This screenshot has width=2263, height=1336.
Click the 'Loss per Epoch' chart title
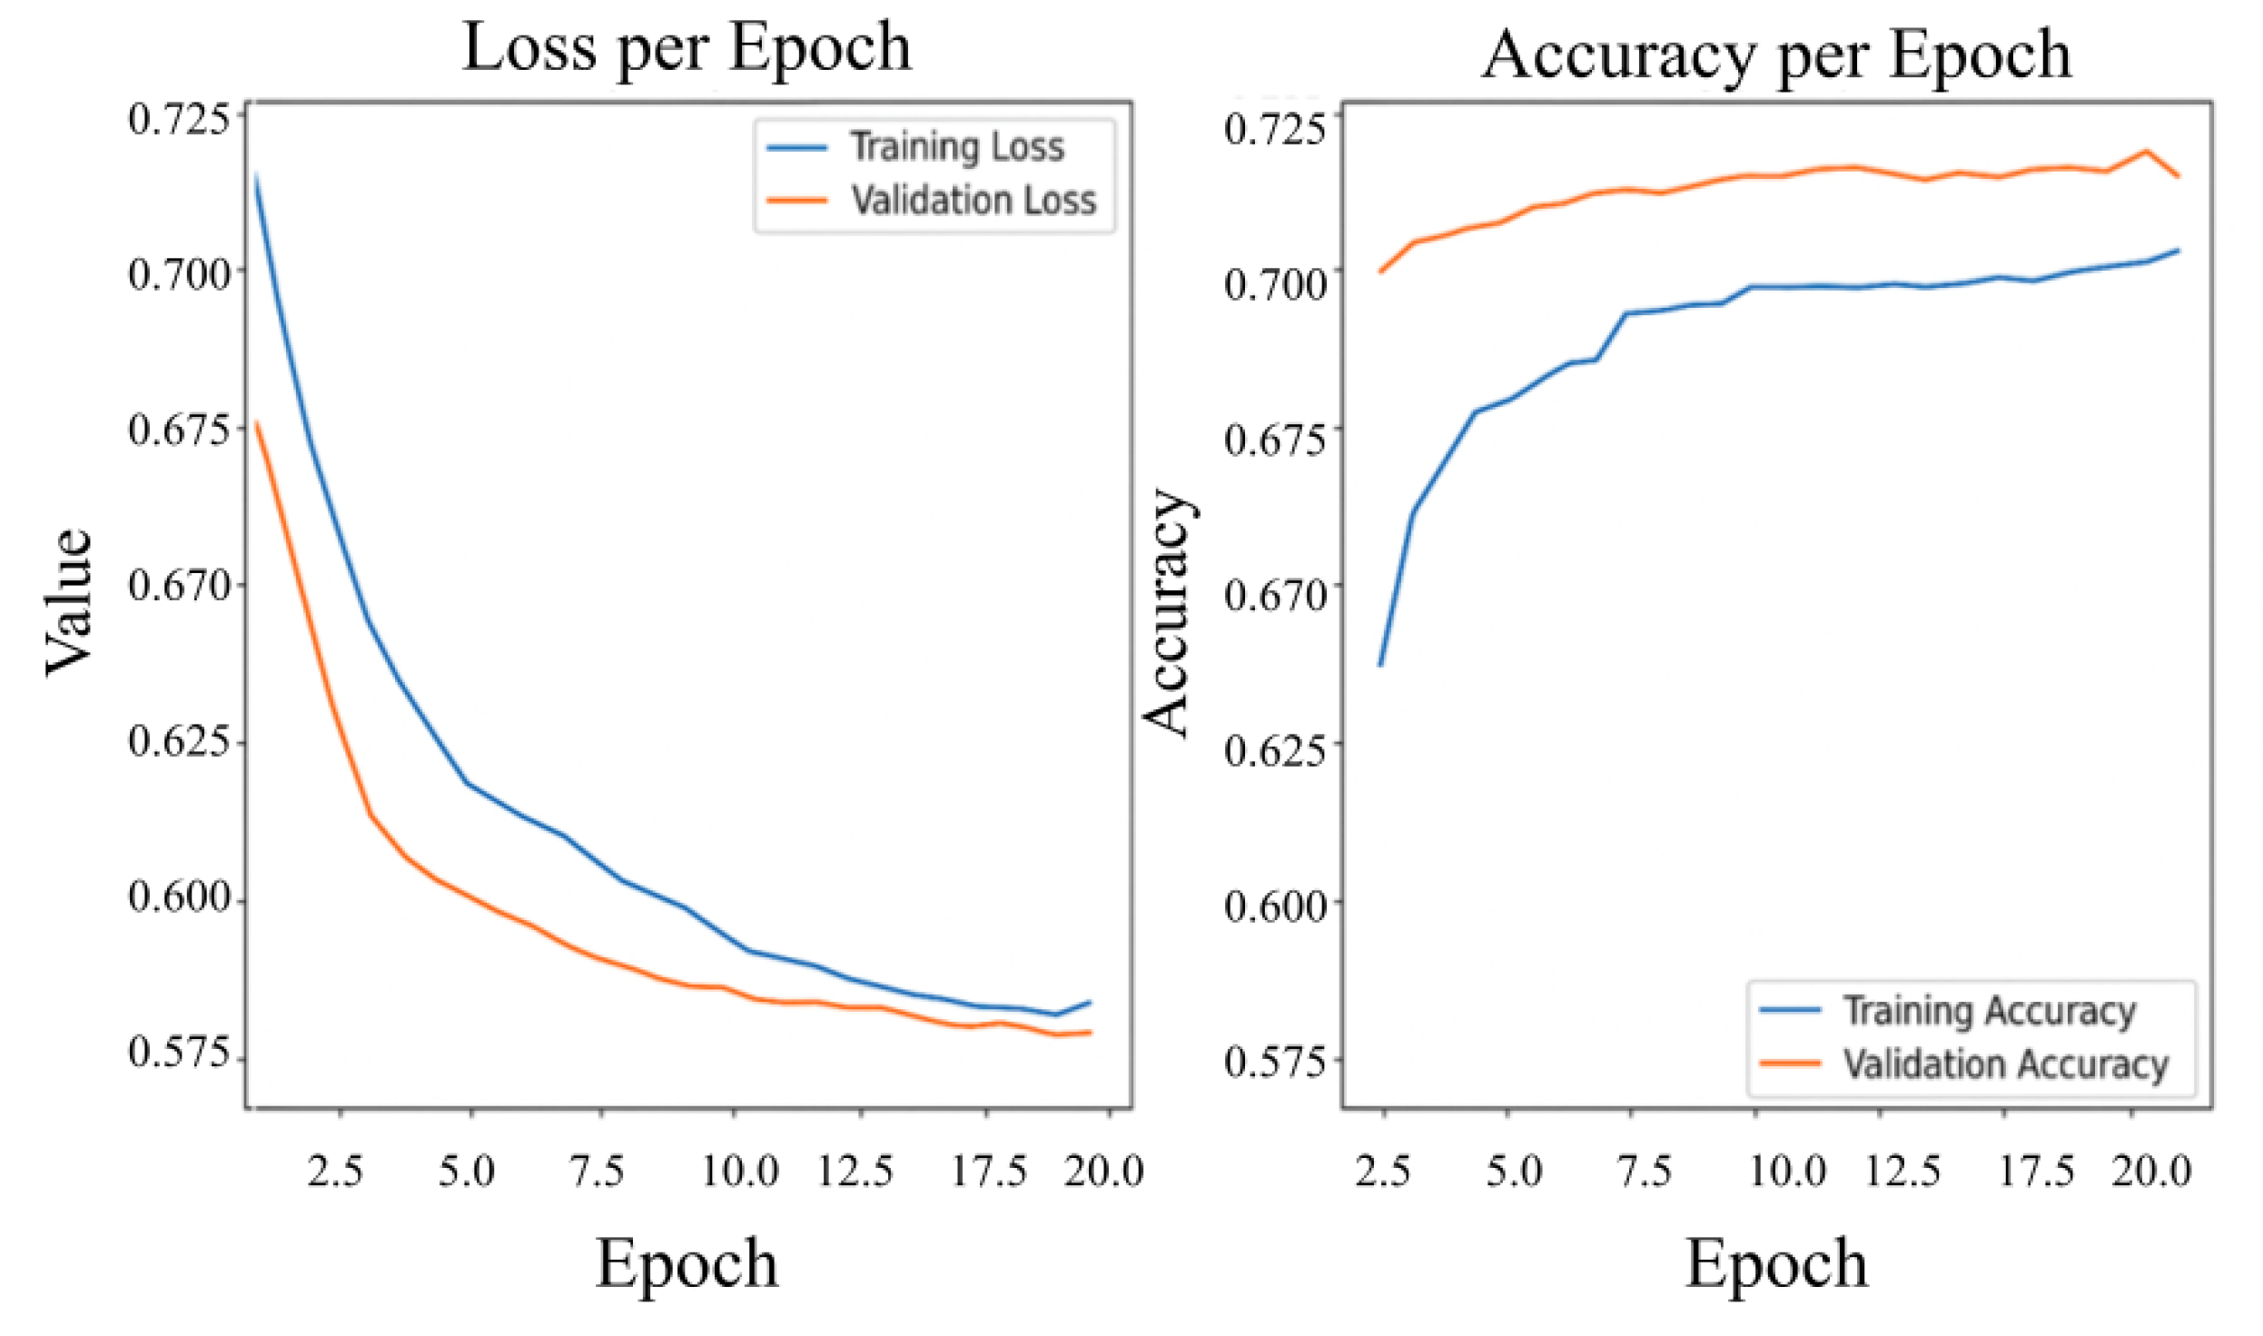687,47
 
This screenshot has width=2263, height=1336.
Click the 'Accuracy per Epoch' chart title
1776,54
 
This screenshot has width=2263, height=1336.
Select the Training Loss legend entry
955,147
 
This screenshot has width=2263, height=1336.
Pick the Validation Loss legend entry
973,201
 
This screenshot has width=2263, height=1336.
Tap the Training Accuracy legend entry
1989,1010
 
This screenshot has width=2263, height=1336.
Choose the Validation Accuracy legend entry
2005,1064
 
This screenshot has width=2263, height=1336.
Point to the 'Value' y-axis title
69,603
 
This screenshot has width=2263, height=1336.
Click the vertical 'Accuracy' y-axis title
1168,612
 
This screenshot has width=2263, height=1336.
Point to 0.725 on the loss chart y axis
179,119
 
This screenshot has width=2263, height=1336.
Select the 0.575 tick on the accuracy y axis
1275,1061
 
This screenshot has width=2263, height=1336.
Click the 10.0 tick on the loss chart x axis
739,1172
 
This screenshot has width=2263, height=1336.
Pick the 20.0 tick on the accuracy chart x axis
2150,1172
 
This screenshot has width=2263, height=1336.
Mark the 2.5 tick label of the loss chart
335,1172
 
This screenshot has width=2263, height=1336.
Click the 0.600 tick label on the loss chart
179,897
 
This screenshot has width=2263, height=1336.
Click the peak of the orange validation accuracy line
2147,151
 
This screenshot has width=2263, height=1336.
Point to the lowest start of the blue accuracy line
1380,665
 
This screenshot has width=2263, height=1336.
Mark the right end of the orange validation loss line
1089,1032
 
